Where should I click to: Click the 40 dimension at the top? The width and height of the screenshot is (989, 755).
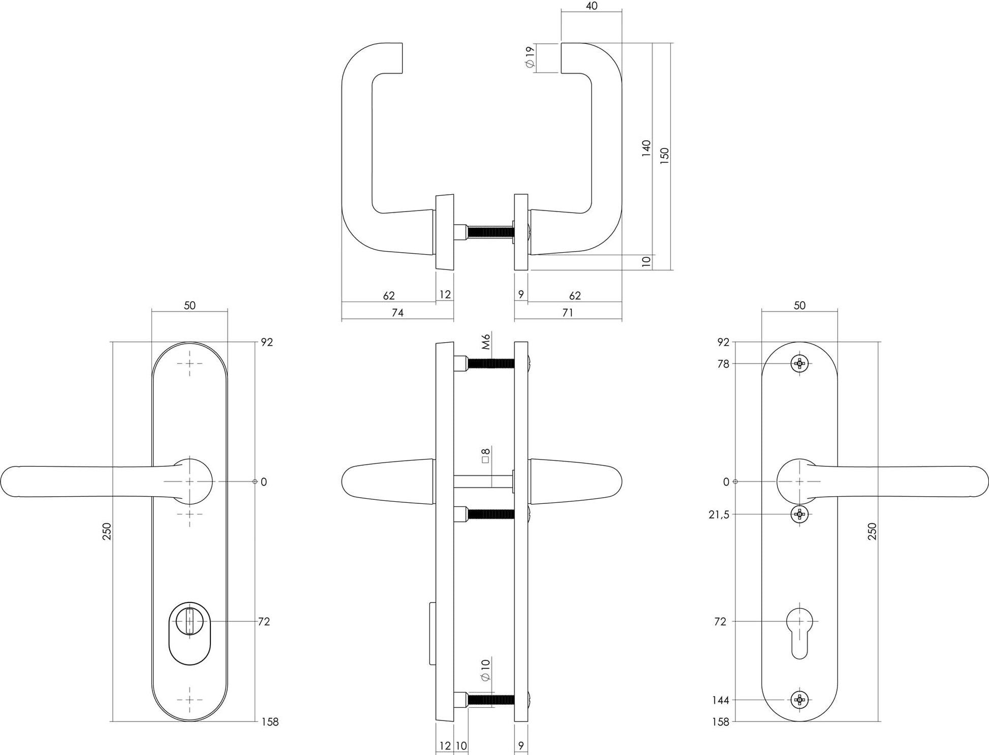click(592, 6)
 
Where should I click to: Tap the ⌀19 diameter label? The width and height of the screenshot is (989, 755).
click(530, 57)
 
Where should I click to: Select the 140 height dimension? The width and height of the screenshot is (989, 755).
click(646, 148)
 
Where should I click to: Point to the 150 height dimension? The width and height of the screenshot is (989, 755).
click(665, 155)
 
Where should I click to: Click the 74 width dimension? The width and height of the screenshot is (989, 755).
click(397, 313)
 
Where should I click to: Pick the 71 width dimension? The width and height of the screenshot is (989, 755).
click(568, 313)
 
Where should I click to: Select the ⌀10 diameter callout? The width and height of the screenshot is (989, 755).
click(485, 670)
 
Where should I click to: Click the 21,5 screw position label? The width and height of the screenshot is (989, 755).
click(719, 515)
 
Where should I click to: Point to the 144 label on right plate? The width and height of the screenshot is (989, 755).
click(721, 700)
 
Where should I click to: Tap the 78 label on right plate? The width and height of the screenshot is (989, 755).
click(723, 364)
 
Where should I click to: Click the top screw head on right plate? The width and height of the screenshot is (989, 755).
click(799, 364)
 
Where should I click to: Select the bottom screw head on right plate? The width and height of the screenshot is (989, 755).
click(799, 700)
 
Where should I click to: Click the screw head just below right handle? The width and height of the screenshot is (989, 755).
click(799, 515)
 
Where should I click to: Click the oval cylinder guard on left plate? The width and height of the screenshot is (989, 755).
click(190, 633)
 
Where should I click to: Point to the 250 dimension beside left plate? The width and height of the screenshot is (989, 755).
click(107, 531)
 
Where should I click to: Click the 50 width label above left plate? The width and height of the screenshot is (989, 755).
click(190, 306)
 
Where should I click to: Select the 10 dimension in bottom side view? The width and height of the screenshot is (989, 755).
click(461, 746)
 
